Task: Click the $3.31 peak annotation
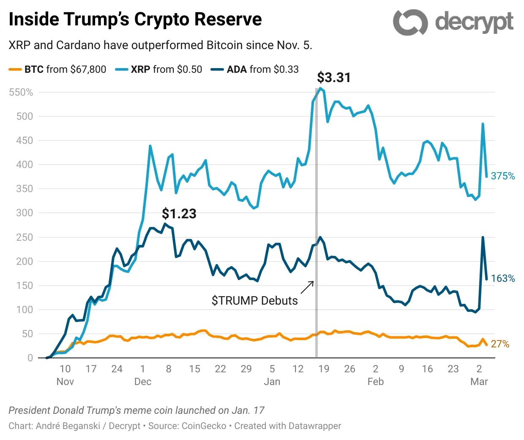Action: [334, 77]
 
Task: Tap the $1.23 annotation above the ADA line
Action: [179, 214]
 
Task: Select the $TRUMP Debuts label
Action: [254, 301]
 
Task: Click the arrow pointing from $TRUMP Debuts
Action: [307, 287]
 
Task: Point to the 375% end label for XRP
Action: [503, 176]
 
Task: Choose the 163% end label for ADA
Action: [503, 278]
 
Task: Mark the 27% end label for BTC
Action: [500, 344]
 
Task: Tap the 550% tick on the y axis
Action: [21, 92]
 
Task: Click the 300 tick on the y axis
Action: [25, 213]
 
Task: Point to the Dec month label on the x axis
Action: [143, 382]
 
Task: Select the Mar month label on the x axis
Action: [479, 382]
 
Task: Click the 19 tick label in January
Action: [324, 369]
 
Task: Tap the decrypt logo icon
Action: [410, 22]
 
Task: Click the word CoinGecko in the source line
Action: [204, 426]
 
